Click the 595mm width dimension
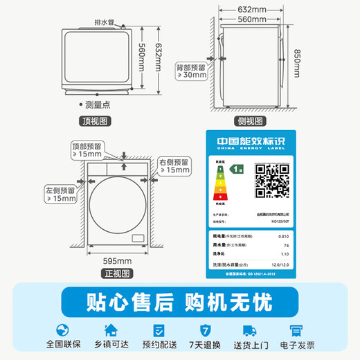117,260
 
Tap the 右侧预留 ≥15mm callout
174,165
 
